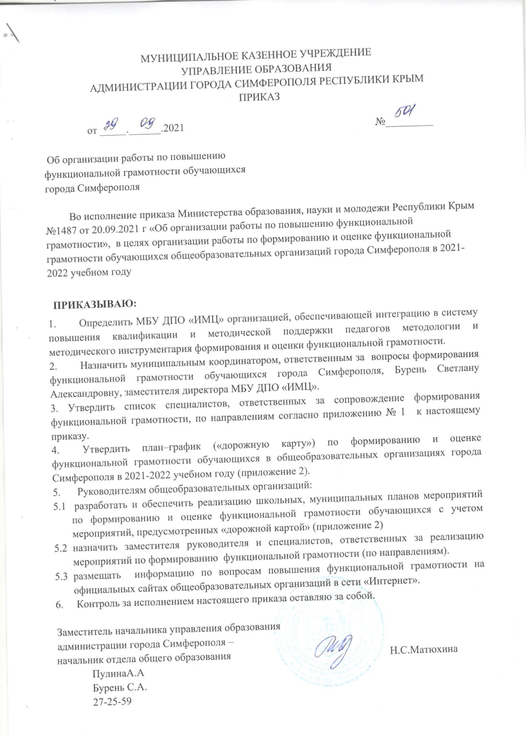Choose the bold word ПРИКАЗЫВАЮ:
click(94, 304)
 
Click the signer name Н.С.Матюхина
click(424, 649)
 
